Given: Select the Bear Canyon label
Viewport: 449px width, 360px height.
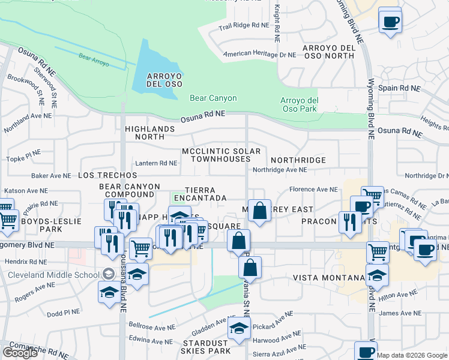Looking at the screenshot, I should tap(213, 98).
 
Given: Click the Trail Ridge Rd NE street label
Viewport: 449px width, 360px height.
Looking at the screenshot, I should tap(244, 26).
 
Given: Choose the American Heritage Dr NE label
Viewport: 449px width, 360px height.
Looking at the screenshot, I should tap(260, 54).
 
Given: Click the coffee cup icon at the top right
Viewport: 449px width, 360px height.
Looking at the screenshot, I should tap(390, 22).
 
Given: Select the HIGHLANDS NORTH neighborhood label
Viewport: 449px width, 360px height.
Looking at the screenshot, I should tap(150, 133).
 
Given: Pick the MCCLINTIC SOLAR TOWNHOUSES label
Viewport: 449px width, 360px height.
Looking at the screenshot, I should tap(221, 155).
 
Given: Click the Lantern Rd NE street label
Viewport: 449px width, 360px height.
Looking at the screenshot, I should tap(156, 163).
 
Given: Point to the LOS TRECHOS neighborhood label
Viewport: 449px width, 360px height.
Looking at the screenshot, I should tap(107, 175).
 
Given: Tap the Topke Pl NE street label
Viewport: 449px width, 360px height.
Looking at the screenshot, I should tap(23, 158).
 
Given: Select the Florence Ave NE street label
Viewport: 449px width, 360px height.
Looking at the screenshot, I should tap(313, 190).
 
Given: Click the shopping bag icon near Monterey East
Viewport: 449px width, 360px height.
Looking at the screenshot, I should tap(259, 211).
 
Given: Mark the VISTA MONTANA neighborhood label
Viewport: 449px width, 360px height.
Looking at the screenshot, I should tap(330, 278).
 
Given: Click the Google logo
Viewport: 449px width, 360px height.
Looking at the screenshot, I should tap(20, 353).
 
